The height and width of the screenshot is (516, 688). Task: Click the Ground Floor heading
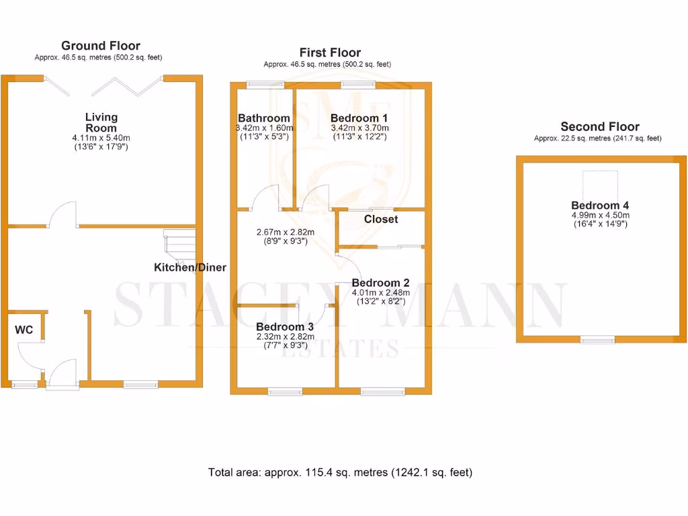(x=101, y=46)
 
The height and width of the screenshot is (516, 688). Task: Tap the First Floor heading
(x=330, y=52)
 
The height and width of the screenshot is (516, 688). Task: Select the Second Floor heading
(x=600, y=126)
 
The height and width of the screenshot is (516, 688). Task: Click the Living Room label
(x=101, y=122)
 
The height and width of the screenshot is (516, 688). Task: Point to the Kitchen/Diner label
(x=190, y=267)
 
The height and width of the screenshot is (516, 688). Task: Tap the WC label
(x=24, y=330)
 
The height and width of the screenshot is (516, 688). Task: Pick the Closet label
(x=381, y=219)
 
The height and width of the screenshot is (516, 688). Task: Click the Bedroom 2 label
(x=380, y=283)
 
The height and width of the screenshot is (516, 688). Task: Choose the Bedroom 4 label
(x=600, y=206)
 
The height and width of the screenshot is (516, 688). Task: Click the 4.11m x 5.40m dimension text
(x=101, y=138)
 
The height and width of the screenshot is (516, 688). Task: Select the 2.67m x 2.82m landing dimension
(x=286, y=232)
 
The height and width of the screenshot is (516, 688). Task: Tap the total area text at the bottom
(x=341, y=472)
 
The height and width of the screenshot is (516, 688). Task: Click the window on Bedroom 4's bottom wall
(x=598, y=340)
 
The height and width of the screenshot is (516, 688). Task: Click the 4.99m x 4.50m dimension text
(x=600, y=215)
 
